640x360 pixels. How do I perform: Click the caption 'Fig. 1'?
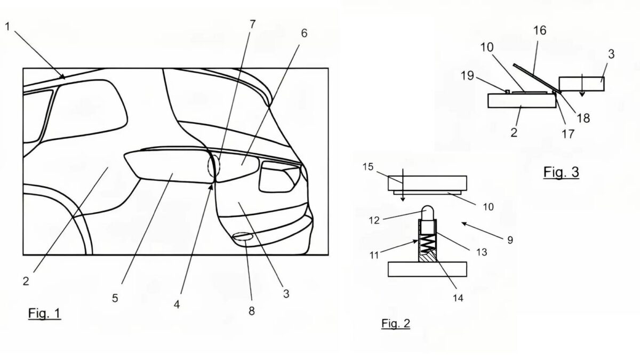click(x=44, y=313)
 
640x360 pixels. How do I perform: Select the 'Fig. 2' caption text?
click(x=396, y=323)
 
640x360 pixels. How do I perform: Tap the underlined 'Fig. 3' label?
click(x=561, y=172)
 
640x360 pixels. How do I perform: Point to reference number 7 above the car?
click(x=252, y=25)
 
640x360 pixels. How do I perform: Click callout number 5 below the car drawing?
click(x=115, y=298)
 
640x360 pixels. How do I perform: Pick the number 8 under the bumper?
click(x=251, y=311)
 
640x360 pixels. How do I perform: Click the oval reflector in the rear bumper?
click(x=243, y=236)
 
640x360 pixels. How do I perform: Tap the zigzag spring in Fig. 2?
click(x=427, y=243)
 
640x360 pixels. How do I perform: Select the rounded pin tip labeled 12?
click(x=427, y=213)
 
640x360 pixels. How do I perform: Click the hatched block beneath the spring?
click(x=427, y=257)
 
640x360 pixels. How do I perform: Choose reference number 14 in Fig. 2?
click(x=458, y=298)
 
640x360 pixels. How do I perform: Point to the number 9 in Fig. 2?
click(x=510, y=240)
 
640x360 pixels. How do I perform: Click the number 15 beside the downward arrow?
click(x=368, y=167)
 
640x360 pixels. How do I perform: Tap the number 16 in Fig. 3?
click(x=540, y=30)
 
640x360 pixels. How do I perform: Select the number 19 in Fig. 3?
click(x=467, y=76)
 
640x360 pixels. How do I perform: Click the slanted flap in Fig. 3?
click(x=537, y=78)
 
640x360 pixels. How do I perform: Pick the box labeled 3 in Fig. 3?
click(x=581, y=84)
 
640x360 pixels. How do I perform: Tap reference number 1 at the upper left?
click(x=7, y=27)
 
